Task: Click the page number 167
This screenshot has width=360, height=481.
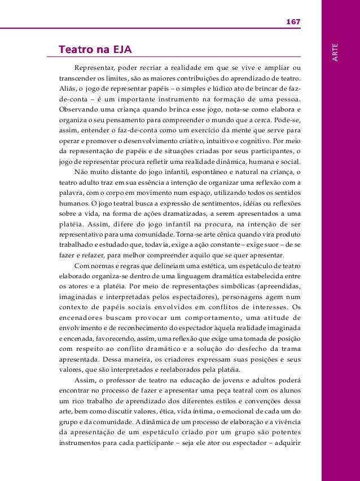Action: (293, 22)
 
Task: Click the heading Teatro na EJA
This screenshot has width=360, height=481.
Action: (94, 50)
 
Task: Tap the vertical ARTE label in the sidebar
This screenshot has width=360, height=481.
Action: (336, 52)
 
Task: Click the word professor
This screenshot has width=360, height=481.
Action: (115, 379)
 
